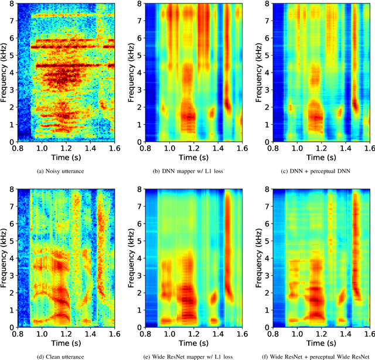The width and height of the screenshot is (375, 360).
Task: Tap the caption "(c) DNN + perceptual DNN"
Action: [x=313, y=171]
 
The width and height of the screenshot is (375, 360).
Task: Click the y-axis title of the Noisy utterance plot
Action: [x=5, y=73]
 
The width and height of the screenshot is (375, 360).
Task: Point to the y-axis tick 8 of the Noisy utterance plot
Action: [x=12, y=5]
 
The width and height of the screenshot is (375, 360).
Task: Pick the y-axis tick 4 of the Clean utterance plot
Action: [x=12, y=258]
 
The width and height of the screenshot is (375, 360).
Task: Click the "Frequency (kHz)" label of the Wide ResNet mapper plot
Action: [x=132, y=258]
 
